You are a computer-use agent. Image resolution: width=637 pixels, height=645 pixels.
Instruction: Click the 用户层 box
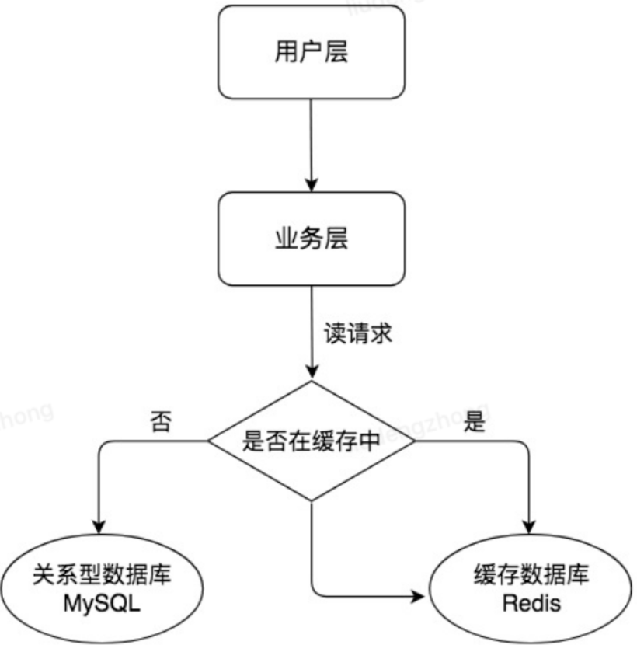tap(311, 52)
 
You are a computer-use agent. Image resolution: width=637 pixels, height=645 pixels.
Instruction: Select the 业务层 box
tap(311, 237)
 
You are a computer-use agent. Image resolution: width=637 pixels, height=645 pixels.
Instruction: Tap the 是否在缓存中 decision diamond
tap(311, 441)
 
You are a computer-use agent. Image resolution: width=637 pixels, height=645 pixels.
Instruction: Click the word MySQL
tap(101, 603)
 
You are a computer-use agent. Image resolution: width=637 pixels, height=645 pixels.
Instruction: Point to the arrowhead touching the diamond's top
tap(311, 374)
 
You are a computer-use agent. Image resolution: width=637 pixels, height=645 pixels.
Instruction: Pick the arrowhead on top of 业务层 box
tap(311, 187)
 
